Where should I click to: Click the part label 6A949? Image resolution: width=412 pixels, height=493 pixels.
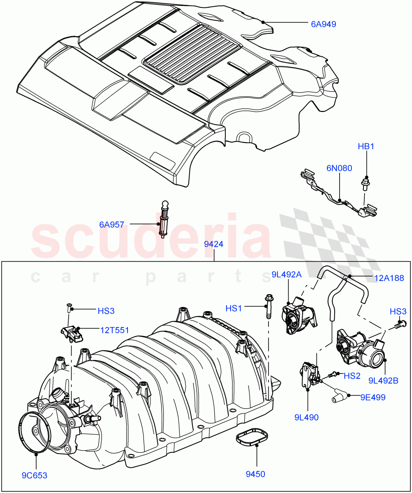click(323, 24)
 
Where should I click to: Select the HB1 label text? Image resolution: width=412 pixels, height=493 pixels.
click(366, 147)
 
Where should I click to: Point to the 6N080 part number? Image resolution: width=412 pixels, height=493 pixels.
click(340, 168)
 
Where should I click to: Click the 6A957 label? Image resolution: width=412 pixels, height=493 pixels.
click(112, 225)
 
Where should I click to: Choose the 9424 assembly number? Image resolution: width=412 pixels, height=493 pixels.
click(214, 244)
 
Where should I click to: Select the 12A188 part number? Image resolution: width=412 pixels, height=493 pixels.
click(389, 279)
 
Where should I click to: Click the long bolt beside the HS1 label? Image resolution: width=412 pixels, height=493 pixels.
click(268, 306)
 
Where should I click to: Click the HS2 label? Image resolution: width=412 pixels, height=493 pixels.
click(352, 376)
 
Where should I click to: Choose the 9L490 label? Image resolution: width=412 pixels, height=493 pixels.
click(306, 417)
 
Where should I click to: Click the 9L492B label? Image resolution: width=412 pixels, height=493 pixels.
click(383, 381)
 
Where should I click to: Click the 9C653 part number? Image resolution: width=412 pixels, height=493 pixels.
click(35, 476)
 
